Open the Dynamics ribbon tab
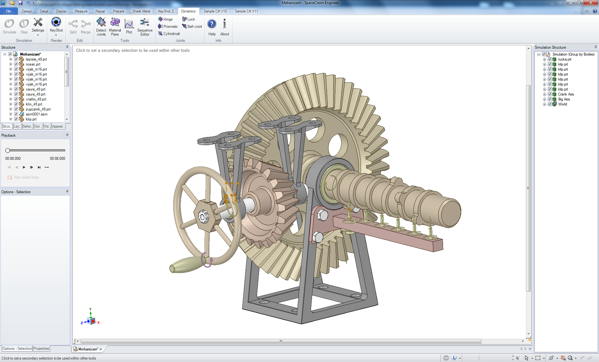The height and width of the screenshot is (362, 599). [188, 11]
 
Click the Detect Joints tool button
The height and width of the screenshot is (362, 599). [101, 26]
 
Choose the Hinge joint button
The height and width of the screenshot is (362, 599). [165, 19]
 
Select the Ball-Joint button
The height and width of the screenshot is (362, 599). [192, 27]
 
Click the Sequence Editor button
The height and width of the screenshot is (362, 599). [145, 26]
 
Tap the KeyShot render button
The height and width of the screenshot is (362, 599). [56, 25]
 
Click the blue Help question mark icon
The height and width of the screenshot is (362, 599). [212, 24]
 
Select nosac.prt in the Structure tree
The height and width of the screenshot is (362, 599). [33, 64]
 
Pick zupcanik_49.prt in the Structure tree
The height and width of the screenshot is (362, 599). [38, 109]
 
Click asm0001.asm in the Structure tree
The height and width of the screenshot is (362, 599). [37, 114]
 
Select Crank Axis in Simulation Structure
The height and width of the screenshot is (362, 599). [566, 94]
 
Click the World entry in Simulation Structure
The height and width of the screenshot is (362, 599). [562, 104]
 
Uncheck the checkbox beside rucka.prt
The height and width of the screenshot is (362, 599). [550, 59]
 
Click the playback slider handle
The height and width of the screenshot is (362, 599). [8, 150]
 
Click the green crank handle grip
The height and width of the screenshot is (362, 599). [184, 265]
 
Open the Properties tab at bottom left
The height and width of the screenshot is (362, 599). [41, 349]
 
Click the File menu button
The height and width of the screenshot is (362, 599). [9, 11]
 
